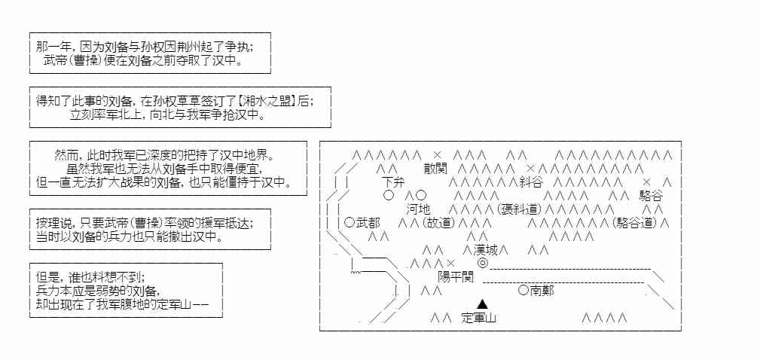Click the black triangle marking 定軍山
(483, 304)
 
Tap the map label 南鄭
(542, 290)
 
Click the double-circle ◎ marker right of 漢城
(482, 263)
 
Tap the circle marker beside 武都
(349, 222)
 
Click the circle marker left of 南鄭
(523, 290)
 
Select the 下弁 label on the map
(394, 182)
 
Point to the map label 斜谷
(530, 182)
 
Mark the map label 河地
(418, 209)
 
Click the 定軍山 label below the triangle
(479, 318)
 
